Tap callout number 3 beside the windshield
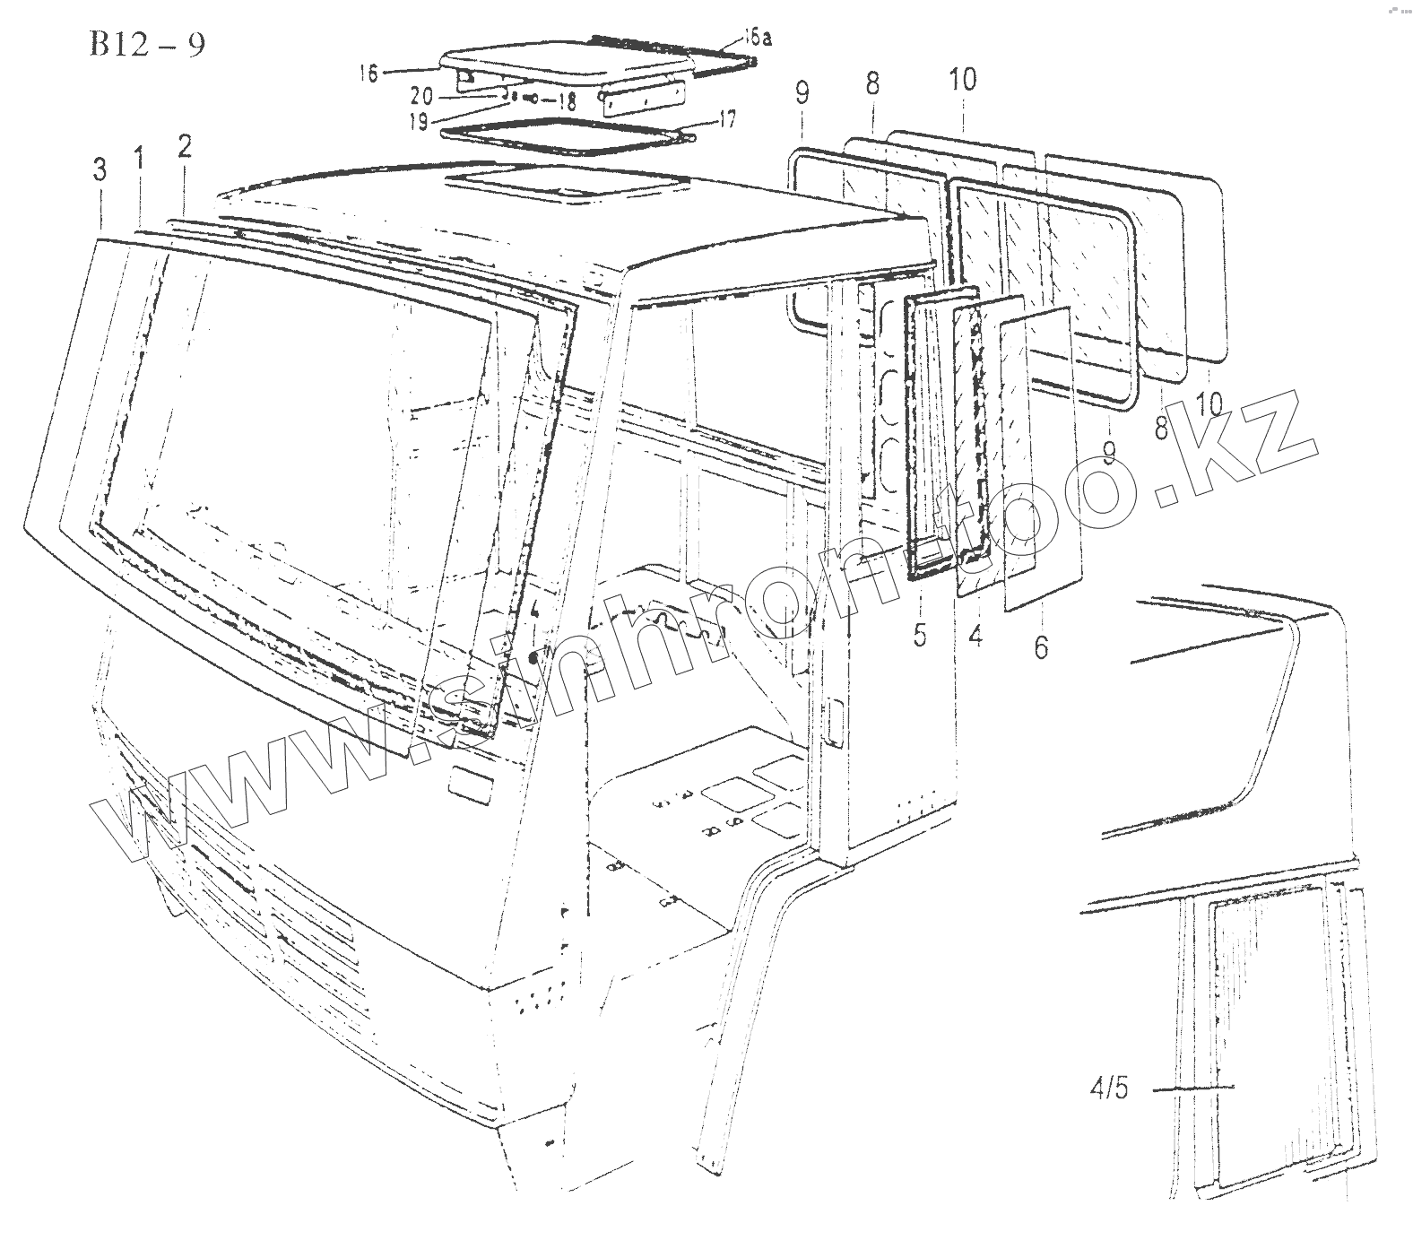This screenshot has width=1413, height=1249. (x=100, y=169)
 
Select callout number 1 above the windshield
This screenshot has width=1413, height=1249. (x=140, y=160)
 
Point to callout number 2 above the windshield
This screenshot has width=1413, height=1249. (x=185, y=146)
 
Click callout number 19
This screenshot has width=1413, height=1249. (x=419, y=122)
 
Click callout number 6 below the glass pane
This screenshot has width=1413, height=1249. (x=1040, y=646)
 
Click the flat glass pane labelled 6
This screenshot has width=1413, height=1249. (x=1040, y=457)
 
